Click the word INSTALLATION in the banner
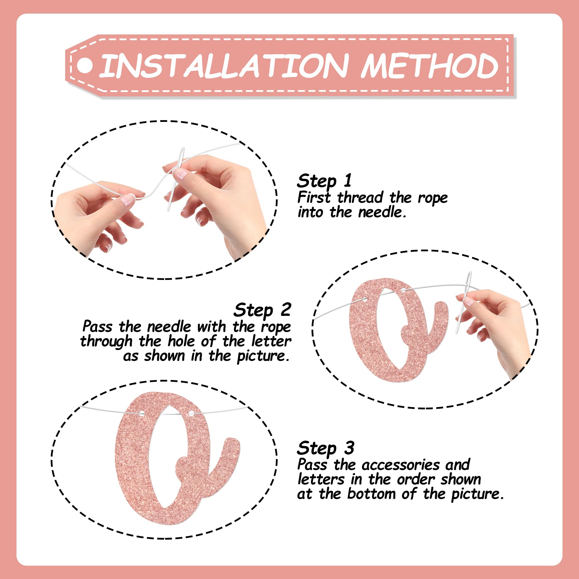click(x=223, y=66)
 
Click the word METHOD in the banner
click(x=429, y=66)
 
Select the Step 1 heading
click(x=324, y=181)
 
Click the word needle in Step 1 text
click(x=382, y=212)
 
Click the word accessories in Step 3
click(x=401, y=465)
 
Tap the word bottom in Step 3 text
click(x=371, y=494)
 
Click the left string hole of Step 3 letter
click(x=142, y=413)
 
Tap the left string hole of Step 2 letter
click(x=365, y=299)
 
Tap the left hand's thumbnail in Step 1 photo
click(x=129, y=199)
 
